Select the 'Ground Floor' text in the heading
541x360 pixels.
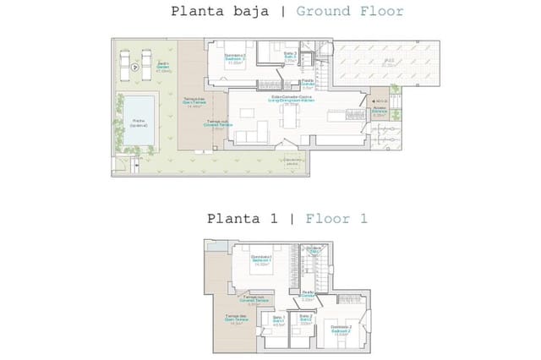[x=350, y=12]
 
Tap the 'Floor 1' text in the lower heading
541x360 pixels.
[x=336, y=218]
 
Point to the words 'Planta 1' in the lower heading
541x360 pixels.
[x=243, y=218]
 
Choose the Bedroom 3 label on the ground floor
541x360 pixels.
[x=234, y=58]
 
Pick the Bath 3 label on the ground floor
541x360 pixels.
[x=289, y=58]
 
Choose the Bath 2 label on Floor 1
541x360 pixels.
[x=306, y=320]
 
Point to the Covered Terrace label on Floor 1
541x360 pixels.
[x=250, y=300]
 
